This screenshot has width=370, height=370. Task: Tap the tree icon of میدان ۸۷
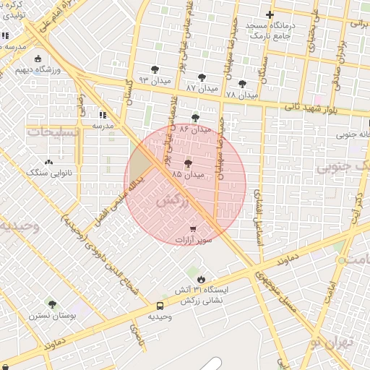[x=201, y=76]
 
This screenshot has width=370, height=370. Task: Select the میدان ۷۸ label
[x=241, y=95]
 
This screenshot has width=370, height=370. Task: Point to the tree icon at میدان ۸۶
[x=195, y=117]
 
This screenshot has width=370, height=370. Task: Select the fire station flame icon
[x=200, y=279]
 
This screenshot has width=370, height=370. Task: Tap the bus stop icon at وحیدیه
[x=160, y=306]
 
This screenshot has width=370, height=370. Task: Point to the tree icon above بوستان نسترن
[x=51, y=304]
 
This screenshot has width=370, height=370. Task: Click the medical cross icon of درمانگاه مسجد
[x=270, y=14]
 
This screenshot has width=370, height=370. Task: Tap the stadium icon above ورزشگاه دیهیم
[x=38, y=59]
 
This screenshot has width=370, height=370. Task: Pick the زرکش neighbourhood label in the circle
[x=178, y=202]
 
